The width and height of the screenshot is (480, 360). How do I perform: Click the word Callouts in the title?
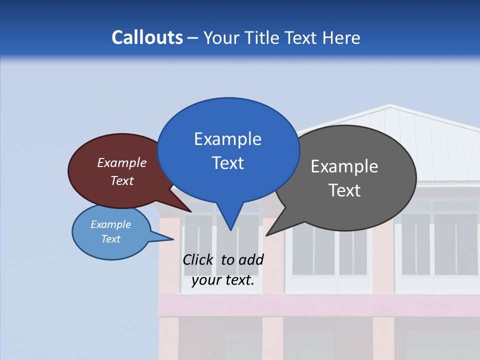coord(147,37)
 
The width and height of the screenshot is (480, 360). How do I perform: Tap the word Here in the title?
coord(341,37)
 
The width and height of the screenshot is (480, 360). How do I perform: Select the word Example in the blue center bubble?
coord(227,139)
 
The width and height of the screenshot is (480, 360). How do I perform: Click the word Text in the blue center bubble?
coord(227,163)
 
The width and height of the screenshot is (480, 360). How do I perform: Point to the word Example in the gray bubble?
coord(344,166)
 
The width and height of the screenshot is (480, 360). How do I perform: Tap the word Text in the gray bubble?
coord(344,190)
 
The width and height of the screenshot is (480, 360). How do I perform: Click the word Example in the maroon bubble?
coord(122,163)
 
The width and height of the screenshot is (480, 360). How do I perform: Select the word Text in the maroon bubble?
coord(122,180)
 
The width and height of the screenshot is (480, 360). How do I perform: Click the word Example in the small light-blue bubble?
coord(111,224)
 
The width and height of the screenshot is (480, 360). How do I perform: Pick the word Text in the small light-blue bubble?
coord(111,239)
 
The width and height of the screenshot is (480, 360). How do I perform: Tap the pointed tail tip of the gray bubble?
coord(267,234)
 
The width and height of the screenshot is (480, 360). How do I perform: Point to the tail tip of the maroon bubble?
coord(191,211)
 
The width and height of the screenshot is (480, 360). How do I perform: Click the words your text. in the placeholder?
coord(223,280)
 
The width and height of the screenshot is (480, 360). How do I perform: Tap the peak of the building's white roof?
coord(389,105)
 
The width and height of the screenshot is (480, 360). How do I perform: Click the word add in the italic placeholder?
coord(250,259)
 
